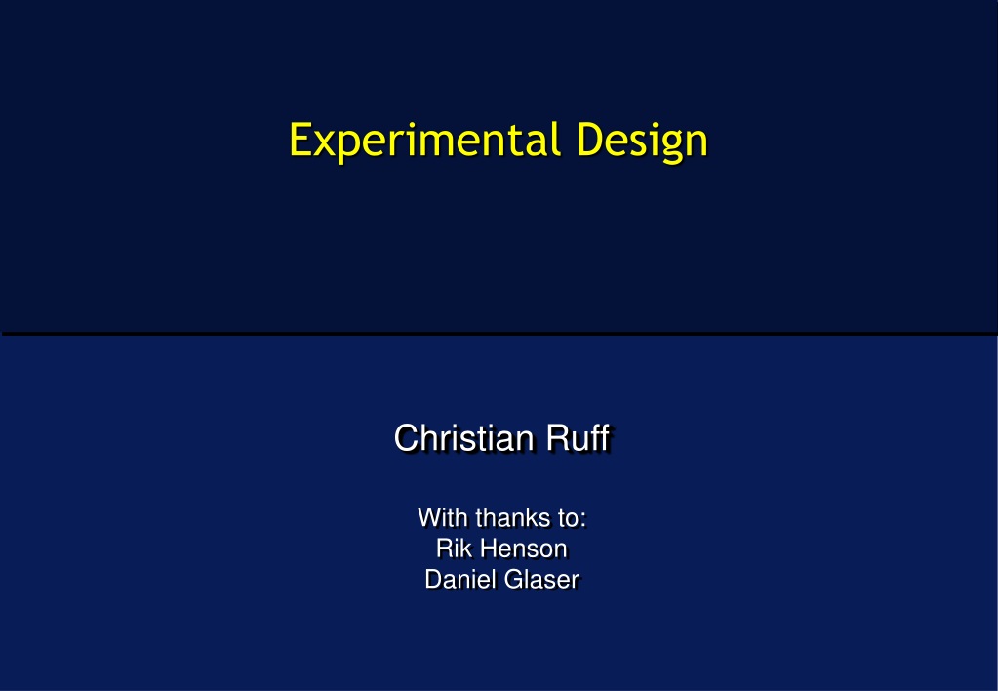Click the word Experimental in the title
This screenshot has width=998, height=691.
pos(425,141)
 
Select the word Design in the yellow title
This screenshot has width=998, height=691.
pos(642,141)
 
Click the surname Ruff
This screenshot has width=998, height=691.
pos(579,438)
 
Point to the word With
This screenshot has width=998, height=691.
pos(443,518)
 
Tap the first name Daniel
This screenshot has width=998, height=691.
pos(460,580)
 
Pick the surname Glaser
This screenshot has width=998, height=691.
pos(541,580)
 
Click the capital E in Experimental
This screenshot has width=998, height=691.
pos(299,140)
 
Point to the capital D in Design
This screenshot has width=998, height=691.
pos(588,140)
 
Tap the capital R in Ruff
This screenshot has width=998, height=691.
pos(558,438)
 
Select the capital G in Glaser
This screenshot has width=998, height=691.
pos(512,580)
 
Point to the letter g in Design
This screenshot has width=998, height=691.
pos(659,145)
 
